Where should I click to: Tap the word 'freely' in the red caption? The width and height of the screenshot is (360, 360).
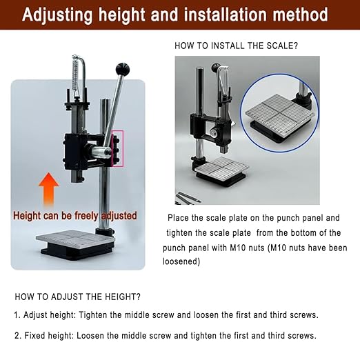87,216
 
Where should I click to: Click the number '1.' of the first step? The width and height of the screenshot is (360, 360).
17,315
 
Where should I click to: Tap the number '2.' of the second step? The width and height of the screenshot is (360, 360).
17,336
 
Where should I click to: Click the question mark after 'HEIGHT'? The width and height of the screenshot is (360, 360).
139,297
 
